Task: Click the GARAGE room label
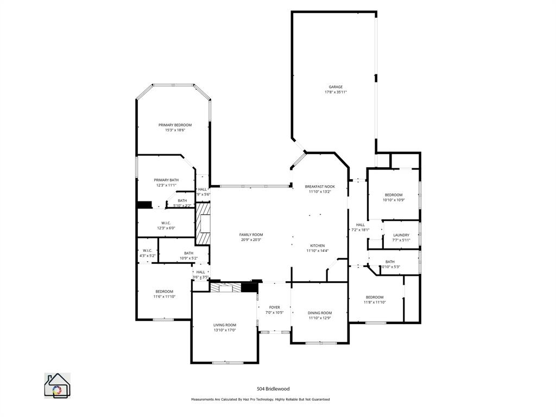tap(335, 87)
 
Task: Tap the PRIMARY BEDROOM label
tap(175, 125)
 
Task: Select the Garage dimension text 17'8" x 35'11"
tap(335, 92)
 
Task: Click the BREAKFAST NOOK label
tap(319, 186)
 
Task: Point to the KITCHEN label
tap(318, 245)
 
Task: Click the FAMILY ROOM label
tap(251, 235)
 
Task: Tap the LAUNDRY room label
tap(401, 235)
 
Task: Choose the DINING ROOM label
tap(319, 313)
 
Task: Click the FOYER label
tap(274, 307)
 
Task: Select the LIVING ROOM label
tap(224, 325)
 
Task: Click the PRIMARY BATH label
tap(166, 180)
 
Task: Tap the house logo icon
tap(56, 386)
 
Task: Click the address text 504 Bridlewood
tap(273, 389)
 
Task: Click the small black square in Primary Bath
tap(144, 205)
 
